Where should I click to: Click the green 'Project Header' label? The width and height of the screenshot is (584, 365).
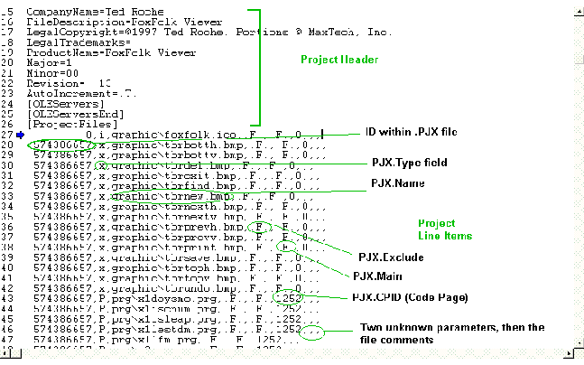[x=340, y=60]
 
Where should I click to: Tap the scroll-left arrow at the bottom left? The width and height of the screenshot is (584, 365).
[x=7, y=357]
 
